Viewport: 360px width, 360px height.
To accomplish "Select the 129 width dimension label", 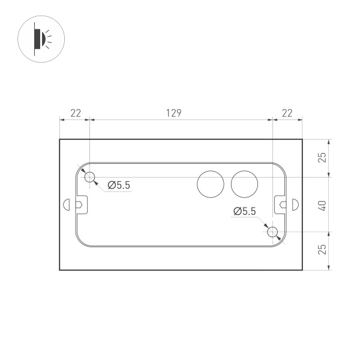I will pos(173,113).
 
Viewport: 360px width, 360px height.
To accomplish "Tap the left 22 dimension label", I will pos(76,113).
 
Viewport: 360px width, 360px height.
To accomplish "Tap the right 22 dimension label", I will pos(287,113).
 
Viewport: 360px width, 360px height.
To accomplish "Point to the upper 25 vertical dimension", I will pos(322,158).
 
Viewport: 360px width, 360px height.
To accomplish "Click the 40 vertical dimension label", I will pos(322,205).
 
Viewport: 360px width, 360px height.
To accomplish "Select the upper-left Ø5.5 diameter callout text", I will pos(119,185).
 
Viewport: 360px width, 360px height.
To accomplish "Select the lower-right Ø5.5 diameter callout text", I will pos(245,211).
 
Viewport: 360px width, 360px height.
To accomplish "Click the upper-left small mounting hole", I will pos(90,177).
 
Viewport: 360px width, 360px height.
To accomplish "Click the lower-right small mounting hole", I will pos(273,232).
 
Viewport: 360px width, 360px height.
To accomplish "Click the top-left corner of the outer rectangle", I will pos(60,140).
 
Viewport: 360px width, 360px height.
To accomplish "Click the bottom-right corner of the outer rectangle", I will pos(302,269).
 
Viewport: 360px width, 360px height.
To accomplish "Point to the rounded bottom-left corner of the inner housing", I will pos(81,241).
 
